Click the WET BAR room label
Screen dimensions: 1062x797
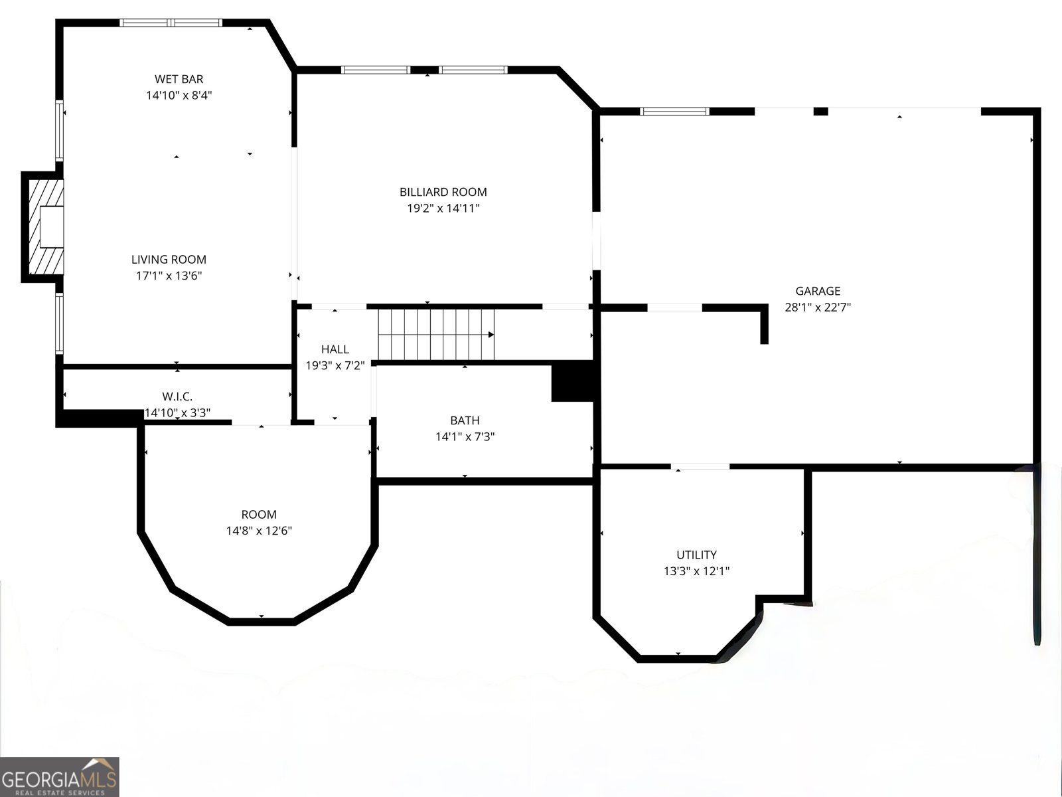[x=179, y=79]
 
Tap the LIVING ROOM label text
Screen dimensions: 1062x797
[x=169, y=260]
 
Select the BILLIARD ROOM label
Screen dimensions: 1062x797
[x=443, y=192]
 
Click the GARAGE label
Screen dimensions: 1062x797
[x=818, y=291]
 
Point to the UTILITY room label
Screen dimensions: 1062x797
[x=697, y=555]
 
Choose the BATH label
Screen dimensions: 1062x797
[x=465, y=420]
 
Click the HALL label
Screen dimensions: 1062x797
[x=335, y=349]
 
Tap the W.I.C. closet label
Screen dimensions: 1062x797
[x=177, y=397]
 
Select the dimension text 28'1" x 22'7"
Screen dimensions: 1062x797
[x=818, y=308]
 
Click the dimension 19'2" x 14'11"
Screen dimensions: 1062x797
[x=443, y=208]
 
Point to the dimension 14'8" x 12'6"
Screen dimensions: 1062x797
[x=259, y=531]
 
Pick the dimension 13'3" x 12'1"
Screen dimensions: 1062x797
[x=697, y=571]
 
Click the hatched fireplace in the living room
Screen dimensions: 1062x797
[x=46, y=227]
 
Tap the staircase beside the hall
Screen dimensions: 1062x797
[x=436, y=334]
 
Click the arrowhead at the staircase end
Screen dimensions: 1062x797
[x=491, y=334]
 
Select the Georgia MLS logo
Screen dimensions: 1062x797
[x=60, y=776]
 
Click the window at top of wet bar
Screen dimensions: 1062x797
[x=171, y=23]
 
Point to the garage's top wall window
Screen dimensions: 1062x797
[x=674, y=112]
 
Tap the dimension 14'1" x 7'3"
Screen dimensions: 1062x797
[x=465, y=436]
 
